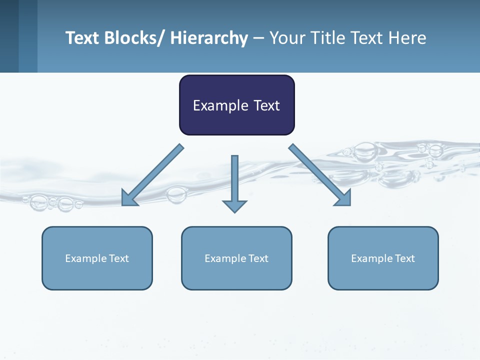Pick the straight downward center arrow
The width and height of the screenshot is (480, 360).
coord(234,180)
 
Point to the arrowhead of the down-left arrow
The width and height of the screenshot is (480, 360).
coord(128,200)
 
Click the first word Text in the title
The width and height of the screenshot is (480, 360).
coord(82,38)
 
